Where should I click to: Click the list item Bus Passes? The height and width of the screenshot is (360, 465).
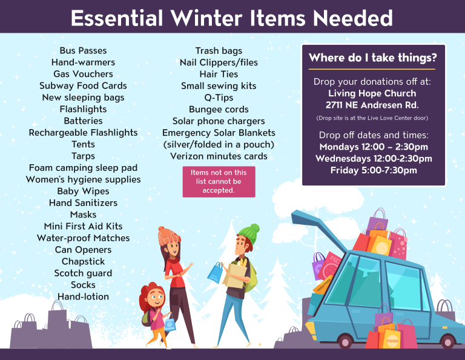coord(83,51)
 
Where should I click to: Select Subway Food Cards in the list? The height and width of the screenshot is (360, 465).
coord(83,86)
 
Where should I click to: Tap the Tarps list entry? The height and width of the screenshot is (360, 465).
coord(83,156)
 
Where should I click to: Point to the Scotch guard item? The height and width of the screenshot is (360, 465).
coord(83,273)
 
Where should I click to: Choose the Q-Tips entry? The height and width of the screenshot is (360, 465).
coord(219,98)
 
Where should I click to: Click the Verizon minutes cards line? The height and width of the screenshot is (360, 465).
coord(219,156)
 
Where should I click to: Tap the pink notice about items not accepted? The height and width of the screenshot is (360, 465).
coord(219,182)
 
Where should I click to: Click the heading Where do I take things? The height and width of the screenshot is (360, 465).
coord(373,58)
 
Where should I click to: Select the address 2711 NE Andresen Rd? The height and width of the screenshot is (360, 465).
coord(372,105)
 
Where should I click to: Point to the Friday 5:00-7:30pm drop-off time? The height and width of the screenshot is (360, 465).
coord(374,170)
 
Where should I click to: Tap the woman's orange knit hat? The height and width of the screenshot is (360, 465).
coord(168,236)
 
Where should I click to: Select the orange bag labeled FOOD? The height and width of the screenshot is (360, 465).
coord(389,336)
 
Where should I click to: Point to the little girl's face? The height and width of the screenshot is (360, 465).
coord(156,298)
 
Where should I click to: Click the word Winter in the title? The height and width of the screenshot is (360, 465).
coord(207,18)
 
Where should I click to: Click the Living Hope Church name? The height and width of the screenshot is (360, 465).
coord(372,93)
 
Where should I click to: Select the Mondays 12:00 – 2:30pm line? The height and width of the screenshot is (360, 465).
coord(374,147)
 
